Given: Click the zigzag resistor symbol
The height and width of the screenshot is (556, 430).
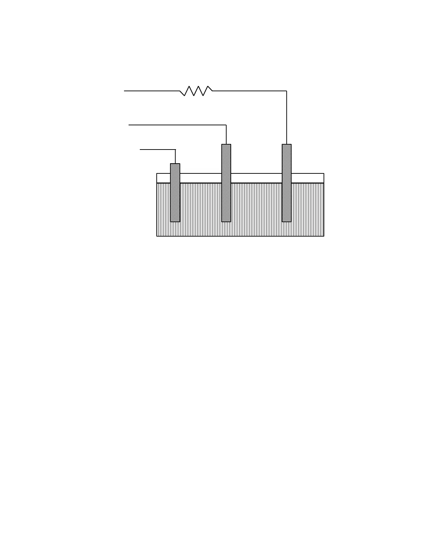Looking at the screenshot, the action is [196, 91].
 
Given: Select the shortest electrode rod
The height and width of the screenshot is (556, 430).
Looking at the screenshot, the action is [175, 193].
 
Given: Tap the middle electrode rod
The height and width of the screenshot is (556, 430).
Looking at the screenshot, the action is [226, 183].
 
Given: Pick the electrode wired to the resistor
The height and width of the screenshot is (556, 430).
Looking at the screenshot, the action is [287, 183].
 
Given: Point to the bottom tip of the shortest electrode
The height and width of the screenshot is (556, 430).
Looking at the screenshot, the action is [175, 221].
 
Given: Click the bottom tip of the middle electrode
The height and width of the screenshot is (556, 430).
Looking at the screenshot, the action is [226, 221].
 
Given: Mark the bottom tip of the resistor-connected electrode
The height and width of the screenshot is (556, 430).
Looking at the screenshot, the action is [287, 221].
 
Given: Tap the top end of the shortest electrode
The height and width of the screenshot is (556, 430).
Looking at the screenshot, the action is [175, 164].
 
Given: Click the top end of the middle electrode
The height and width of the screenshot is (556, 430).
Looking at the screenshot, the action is [226, 145].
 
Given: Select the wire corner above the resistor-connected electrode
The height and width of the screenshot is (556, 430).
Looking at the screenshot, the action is [287, 91].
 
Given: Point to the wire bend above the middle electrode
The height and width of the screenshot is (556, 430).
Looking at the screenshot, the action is [226, 125].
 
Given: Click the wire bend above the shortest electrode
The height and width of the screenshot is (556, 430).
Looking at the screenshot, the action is [175, 150].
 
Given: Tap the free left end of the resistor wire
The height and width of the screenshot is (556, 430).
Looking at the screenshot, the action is [124, 91].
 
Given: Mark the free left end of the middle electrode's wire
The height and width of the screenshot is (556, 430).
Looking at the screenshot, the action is [129, 125].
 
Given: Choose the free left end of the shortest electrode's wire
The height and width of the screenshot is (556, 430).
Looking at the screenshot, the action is [140, 150].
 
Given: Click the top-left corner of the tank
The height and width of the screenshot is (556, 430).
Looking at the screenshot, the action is [157, 173].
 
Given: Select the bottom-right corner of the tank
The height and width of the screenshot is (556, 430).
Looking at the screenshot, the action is [324, 236].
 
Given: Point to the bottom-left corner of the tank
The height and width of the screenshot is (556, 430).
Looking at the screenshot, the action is [157, 236].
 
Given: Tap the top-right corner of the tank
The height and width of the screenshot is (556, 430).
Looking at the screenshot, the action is [324, 173].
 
